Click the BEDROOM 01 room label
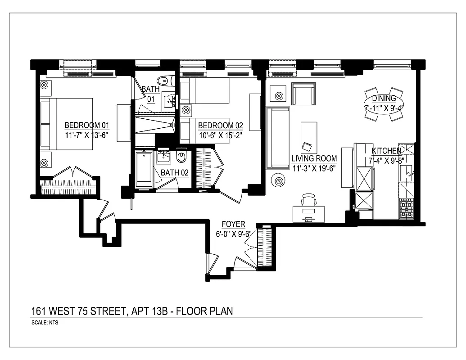point(87,126)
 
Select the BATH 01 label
point(150,94)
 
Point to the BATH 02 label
point(174,172)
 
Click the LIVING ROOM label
point(314,158)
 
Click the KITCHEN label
point(386,151)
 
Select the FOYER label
point(233,224)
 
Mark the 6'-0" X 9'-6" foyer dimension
point(233,234)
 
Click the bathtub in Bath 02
point(144,169)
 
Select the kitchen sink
point(407,171)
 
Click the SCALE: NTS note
point(45,323)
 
